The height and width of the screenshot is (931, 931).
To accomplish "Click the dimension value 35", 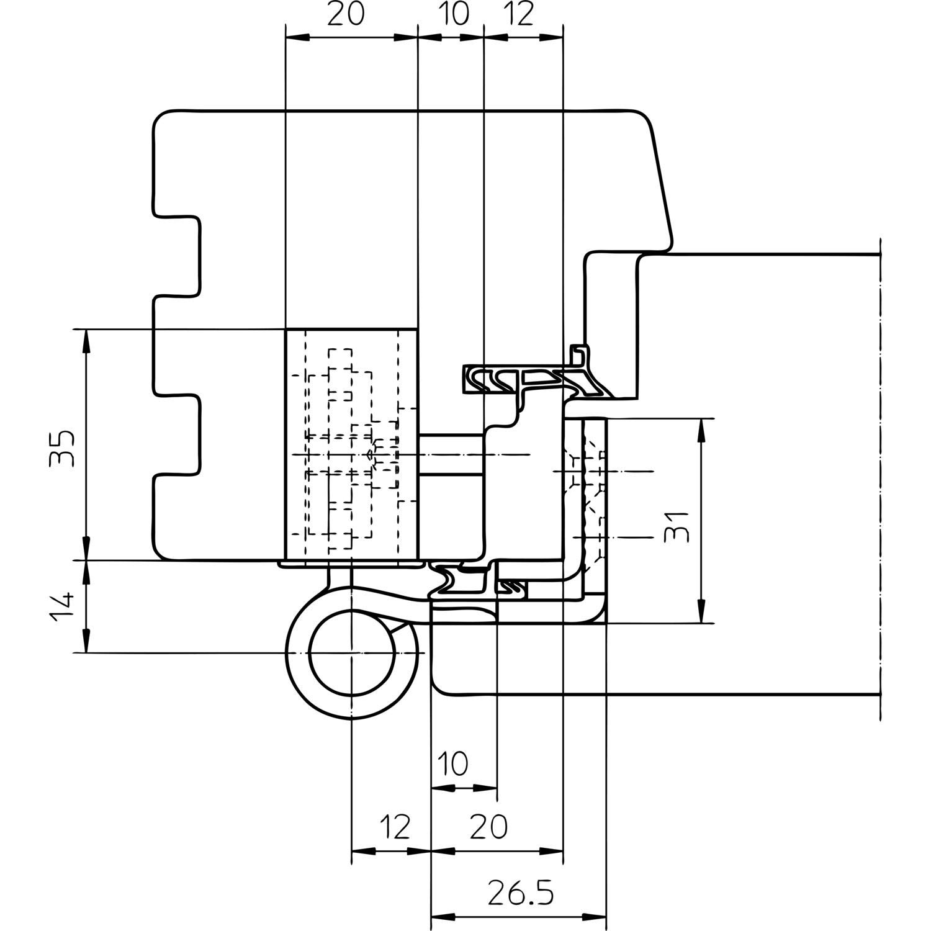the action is (x=63, y=448).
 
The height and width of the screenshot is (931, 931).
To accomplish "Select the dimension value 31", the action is (x=677, y=526).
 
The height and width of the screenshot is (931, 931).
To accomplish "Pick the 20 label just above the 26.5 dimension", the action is (x=488, y=826).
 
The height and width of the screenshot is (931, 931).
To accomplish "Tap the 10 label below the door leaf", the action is (x=456, y=764).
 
